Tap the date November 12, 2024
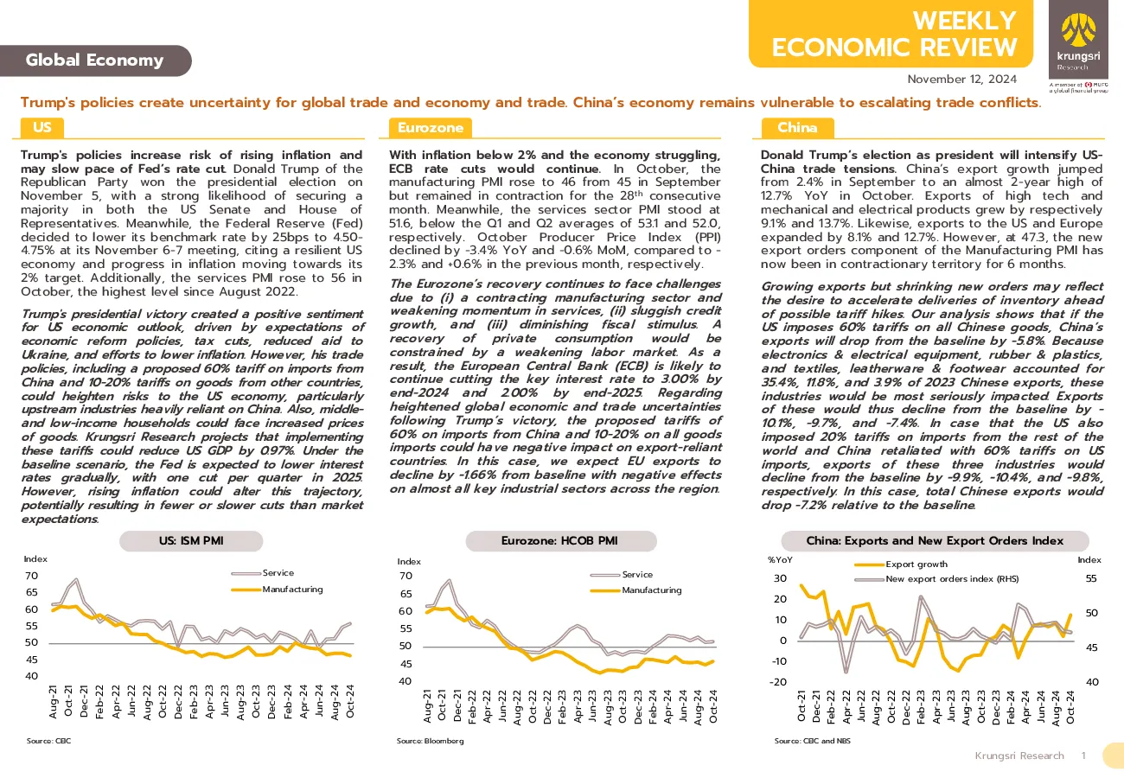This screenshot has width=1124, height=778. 962,80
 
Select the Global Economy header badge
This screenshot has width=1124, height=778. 95,61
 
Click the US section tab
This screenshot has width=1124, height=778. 42,127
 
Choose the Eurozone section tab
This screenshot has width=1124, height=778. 430,128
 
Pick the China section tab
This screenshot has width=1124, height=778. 797,128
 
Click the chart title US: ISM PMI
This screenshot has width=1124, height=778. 191,541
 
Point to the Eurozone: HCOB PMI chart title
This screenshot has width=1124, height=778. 561,541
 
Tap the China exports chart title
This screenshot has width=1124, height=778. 935,541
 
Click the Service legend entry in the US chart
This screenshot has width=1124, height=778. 263,573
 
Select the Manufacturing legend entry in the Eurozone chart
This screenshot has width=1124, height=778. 635,590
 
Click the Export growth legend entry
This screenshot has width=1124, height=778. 901,564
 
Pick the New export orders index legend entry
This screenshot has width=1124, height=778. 936,579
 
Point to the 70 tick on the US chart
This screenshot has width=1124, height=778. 32,576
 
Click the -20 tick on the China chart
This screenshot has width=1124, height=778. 778,682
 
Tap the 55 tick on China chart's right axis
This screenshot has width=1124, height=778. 1091,578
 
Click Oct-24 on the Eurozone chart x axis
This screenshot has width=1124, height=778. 713,706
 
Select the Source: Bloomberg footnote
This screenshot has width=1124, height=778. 430,741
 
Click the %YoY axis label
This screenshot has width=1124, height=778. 780,560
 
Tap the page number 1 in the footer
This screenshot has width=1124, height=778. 1084,756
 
